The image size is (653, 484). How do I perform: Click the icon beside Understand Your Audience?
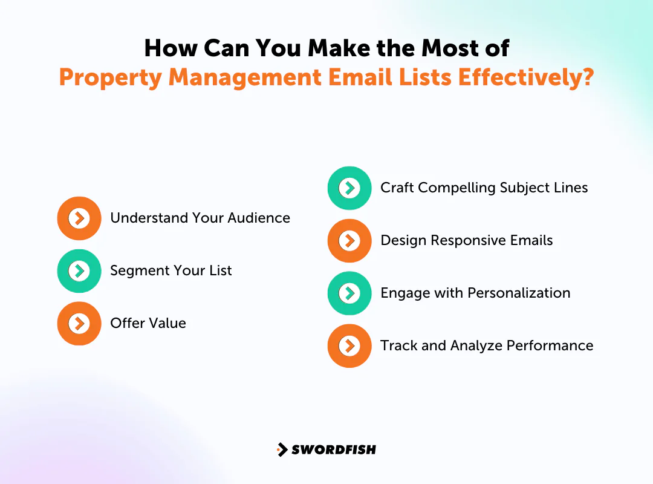79,218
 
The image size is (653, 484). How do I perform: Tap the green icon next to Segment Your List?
79,270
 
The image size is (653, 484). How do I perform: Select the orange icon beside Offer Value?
79,323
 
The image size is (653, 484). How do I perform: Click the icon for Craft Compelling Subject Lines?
349,188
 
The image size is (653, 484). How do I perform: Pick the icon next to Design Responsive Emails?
349,241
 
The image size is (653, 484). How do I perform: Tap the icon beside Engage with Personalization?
349,293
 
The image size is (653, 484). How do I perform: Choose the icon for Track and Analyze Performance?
349,346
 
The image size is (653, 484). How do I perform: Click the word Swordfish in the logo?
334,450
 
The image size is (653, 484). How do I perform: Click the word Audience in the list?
261,218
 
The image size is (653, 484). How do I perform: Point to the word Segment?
137,270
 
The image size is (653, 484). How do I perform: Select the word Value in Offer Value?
167,323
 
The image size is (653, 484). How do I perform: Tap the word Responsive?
469,241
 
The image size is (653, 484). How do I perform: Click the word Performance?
550,346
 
